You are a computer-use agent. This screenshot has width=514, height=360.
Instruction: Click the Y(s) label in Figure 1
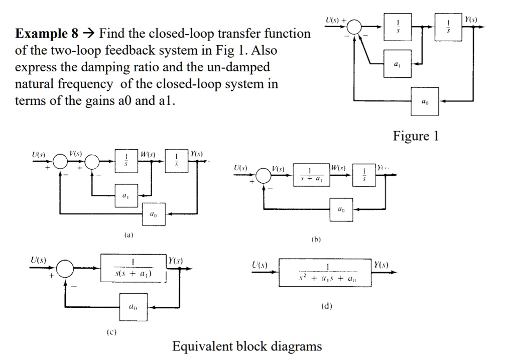(x=470, y=20)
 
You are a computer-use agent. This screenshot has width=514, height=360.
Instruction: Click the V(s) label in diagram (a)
(x=76, y=153)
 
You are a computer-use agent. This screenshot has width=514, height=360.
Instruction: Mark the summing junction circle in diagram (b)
(x=263, y=175)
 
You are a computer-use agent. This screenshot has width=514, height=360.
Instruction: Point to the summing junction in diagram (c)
(x=64, y=269)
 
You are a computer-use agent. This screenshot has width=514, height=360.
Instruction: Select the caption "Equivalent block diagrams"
(x=247, y=346)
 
